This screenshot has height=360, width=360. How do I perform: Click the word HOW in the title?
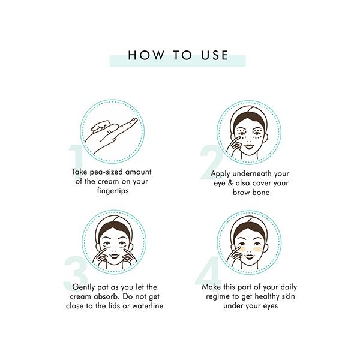tap(146, 55)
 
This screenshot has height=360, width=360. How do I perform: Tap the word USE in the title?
tap(215, 55)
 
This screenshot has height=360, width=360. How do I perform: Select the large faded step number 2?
tap(211, 162)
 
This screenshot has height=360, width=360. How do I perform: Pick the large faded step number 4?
tap(208, 271)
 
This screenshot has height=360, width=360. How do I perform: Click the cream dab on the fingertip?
tap(134, 120)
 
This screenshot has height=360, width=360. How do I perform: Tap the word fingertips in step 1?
tap(113, 191)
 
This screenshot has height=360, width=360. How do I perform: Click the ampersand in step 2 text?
tap(230, 183)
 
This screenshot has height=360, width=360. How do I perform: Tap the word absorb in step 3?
tap(107, 296)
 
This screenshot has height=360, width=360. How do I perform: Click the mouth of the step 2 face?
tap(248, 145)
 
